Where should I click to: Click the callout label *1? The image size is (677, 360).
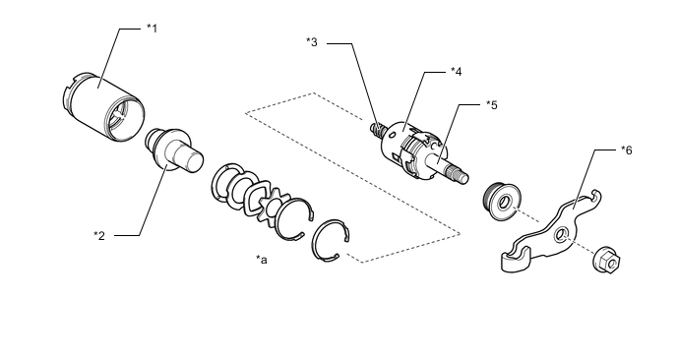[x=152, y=29]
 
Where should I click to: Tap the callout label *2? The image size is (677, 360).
[x=99, y=236]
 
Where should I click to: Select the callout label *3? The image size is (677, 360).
[x=312, y=42]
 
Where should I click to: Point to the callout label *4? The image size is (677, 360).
[x=456, y=72]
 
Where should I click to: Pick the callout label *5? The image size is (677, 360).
[x=491, y=105]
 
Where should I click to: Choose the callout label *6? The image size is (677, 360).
[x=626, y=150]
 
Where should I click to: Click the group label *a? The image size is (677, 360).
[x=261, y=260]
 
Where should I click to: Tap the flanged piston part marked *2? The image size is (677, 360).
[x=173, y=150]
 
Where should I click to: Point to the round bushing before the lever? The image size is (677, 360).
[x=501, y=201]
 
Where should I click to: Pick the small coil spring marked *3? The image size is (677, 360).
[x=377, y=129]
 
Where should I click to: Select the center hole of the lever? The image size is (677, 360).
[x=561, y=235]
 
